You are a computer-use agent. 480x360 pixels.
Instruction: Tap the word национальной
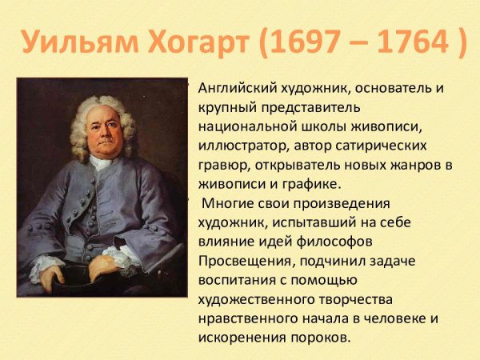pyautogui.click(x=243, y=126)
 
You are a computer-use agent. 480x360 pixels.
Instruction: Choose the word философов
pyautogui.click(x=363, y=242)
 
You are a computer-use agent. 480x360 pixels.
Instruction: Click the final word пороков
pyautogui.click(x=320, y=338)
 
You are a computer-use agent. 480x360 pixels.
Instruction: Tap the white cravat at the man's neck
pyautogui.click(x=99, y=165)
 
